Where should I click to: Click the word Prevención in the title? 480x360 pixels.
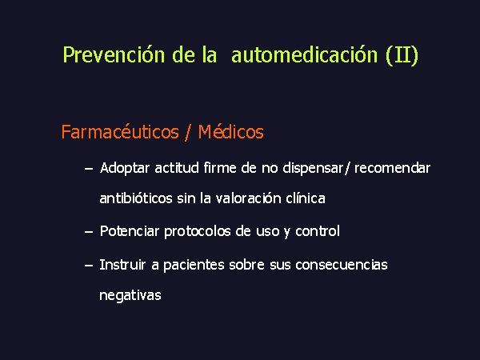(x=114, y=54)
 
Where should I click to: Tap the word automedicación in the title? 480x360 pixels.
(x=305, y=54)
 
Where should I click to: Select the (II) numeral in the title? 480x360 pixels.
(x=402, y=55)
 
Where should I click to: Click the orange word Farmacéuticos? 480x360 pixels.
(x=120, y=132)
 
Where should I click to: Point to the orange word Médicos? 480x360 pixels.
(x=231, y=132)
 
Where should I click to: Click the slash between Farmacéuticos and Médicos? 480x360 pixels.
(x=187, y=133)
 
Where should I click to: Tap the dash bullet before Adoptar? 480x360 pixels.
(x=89, y=169)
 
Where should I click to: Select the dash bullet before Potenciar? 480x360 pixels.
(x=89, y=232)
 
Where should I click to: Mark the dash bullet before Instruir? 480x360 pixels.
(x=89, y=265)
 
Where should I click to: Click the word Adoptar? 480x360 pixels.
(x=125, y=168)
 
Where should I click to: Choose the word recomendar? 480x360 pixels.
(x=393, y=168)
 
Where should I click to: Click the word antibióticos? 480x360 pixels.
(x=136, y=198)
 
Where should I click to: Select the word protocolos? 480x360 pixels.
(x=198, y=231)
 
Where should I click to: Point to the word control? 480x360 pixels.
(x=318, y=231)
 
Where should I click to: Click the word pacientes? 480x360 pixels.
(x=194, y=265)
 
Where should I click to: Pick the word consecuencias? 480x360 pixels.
(x=342, y=265)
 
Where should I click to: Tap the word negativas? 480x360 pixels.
(x=130, y=295)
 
